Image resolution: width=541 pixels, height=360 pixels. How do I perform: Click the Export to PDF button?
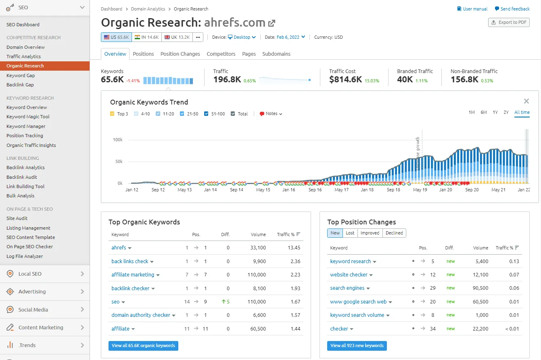tap(509, 23)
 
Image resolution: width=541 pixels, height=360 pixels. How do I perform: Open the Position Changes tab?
tap(180, 54)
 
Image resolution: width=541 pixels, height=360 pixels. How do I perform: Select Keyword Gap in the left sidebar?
tap(21, 75)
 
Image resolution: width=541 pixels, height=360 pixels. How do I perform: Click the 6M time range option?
tap(483, 112)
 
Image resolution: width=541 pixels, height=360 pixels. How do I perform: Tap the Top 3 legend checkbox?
tap(112, 114)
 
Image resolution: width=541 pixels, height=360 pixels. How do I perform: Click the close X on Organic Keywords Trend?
tap(526, 101)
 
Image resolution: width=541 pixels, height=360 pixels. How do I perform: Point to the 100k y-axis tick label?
tap(117, 140)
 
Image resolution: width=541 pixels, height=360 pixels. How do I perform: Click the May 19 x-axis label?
tap(420, 190)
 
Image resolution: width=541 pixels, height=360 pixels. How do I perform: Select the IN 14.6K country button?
tap(146, 37)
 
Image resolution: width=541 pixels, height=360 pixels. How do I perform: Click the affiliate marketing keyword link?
tap(133, 275)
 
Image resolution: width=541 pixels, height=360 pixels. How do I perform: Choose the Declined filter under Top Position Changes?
tap(394, 233)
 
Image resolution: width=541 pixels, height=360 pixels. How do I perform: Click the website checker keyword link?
tap(349, 275)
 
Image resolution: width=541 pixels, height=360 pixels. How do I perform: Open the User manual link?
tap(472, 9)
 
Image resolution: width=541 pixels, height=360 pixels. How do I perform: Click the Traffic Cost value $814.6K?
tap(345, 80)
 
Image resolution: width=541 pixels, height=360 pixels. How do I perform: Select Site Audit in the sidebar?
tap(17, 218)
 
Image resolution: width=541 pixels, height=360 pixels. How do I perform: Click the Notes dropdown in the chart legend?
tap(271, 114)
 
